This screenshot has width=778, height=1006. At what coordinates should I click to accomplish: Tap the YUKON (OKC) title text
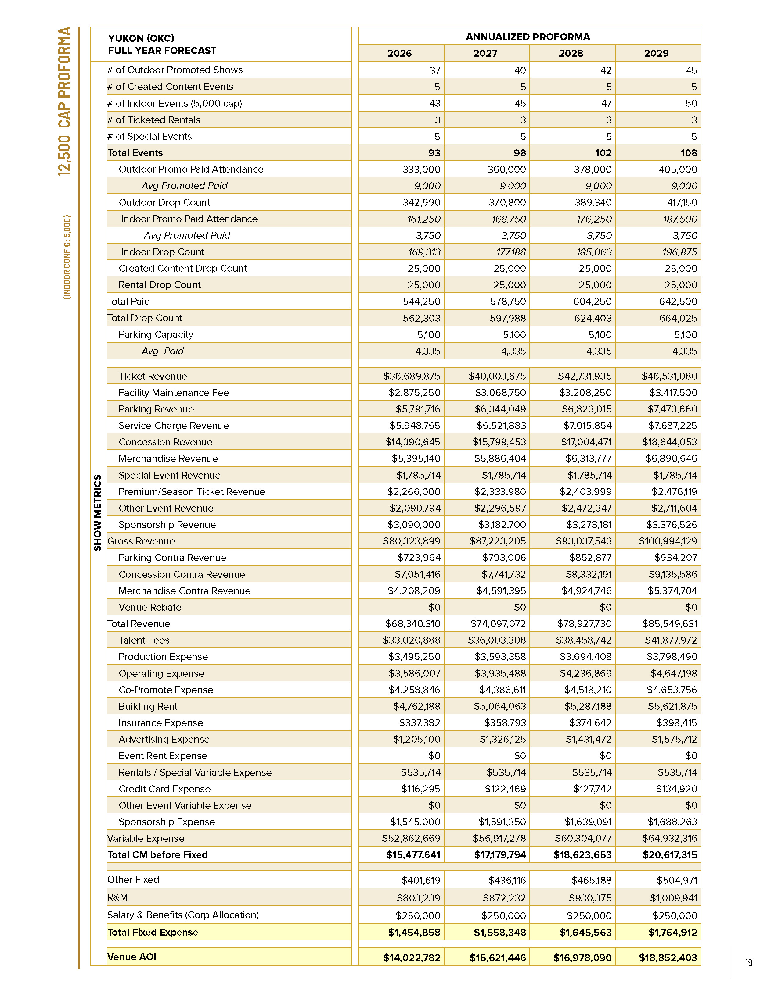(x=141, y=38)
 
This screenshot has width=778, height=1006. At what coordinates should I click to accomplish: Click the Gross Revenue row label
(x=141, y=541)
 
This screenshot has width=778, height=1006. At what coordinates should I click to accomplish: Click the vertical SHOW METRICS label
(x=98, y=512)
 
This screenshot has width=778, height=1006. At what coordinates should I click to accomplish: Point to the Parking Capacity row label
(x=156, y=334)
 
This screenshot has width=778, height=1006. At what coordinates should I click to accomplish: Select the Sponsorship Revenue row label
(x=167, y=525)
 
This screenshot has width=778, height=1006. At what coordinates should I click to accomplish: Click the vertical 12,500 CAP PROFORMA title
(x=64, y=101)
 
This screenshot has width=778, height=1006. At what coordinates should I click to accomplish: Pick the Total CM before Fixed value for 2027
(x=500, y=855)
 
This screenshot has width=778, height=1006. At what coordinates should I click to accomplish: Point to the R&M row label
(x=117, y=897)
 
